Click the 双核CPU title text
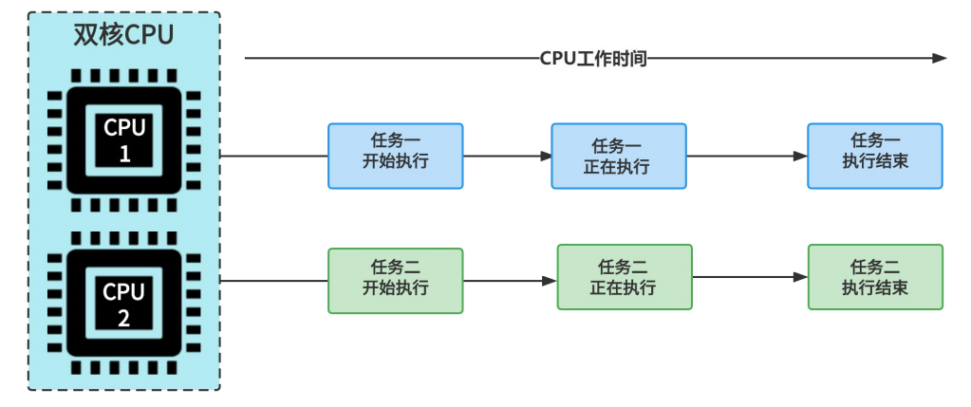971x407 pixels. coord(123,35)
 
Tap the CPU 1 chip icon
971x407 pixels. coord(123,140)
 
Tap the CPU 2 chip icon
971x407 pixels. coord(123,304)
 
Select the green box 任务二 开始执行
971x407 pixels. coord(395,281)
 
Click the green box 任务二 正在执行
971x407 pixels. coord(624,277)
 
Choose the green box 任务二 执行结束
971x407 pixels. coord(875,277)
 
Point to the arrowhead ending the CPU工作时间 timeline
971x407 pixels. coord(940,59)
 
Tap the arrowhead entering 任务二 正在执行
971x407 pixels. coord(550,281)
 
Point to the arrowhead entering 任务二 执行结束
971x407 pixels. coord(801,277)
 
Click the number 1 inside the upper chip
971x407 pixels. coord(123,154)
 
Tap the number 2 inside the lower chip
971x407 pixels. coord(123,318)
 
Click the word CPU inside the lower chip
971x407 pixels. coord(123,291)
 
